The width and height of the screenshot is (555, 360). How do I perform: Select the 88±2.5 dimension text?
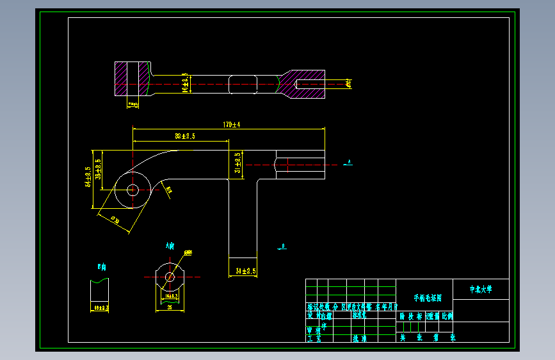[x=184, y=136]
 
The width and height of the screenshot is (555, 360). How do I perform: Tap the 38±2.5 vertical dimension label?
[x=98, y=168]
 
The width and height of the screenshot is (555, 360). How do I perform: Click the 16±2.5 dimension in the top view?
[x=185, y=83]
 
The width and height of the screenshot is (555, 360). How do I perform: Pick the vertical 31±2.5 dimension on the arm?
[x=237, y=163]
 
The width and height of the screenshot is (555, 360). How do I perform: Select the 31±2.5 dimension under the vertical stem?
[x=246, y=271]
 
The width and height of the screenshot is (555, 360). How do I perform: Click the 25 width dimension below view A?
[x=170, y=307]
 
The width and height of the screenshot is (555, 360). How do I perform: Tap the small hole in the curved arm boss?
[x=133, y=190]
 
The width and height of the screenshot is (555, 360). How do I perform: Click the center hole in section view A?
[x=170, y=277]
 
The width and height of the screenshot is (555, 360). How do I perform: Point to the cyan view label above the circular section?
[x=170, y=245]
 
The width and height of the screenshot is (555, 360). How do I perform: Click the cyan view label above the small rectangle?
[x=101, y=266]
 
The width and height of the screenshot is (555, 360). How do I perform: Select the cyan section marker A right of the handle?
[x=348, y=162]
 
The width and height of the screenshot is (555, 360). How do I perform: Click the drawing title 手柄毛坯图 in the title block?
[x=424, y=298]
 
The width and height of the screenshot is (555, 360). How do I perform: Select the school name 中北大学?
[x=481, y=290]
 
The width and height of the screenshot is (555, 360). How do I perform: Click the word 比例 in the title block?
[x=446, y=316]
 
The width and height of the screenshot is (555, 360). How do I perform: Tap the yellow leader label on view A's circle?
[x=188, y=253]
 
